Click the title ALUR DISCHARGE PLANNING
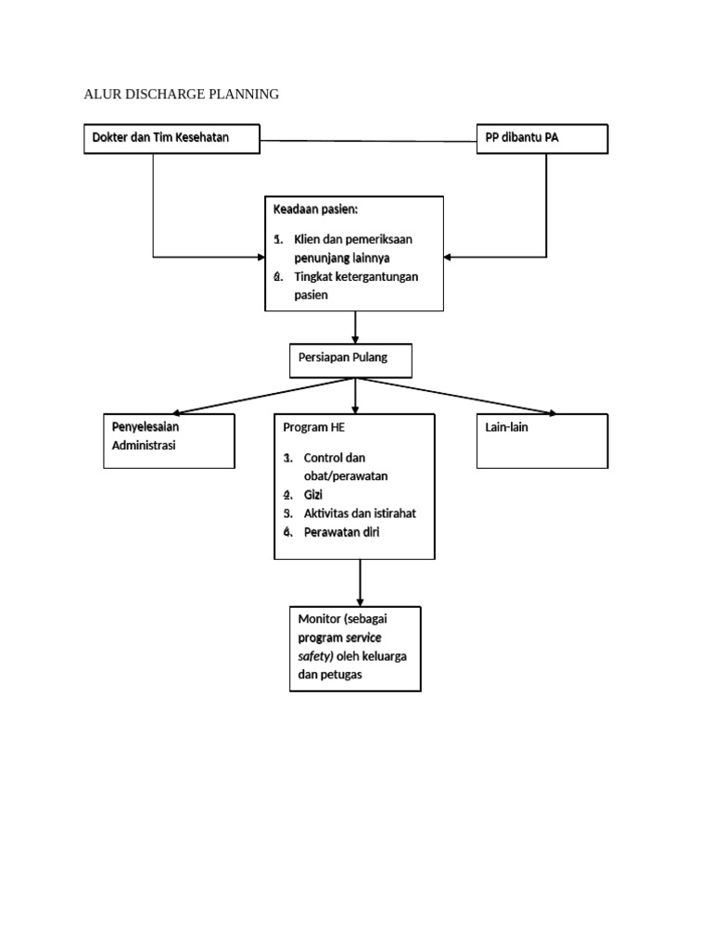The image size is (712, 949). tap(182, 95)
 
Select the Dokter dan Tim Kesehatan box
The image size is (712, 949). tap(172, 138)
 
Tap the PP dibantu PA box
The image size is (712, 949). tap(542, 138)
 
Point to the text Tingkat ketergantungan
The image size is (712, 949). tap(356, 276)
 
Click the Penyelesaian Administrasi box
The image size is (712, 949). tap(168, 440)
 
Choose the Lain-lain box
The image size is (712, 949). tap(542, 440)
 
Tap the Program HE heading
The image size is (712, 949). tap(306, 428)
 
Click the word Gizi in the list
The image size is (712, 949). tap(316, 495)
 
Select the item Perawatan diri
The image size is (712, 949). tap(341, 532)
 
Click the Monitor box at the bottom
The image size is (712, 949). tap(355, 648)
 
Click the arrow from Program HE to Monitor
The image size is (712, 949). tap(361, 583)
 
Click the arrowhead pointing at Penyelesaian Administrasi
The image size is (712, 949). tap(178, 412)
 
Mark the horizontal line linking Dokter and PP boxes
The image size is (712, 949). tap(368, 141)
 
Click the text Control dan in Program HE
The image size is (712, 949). tap(336, 458)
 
